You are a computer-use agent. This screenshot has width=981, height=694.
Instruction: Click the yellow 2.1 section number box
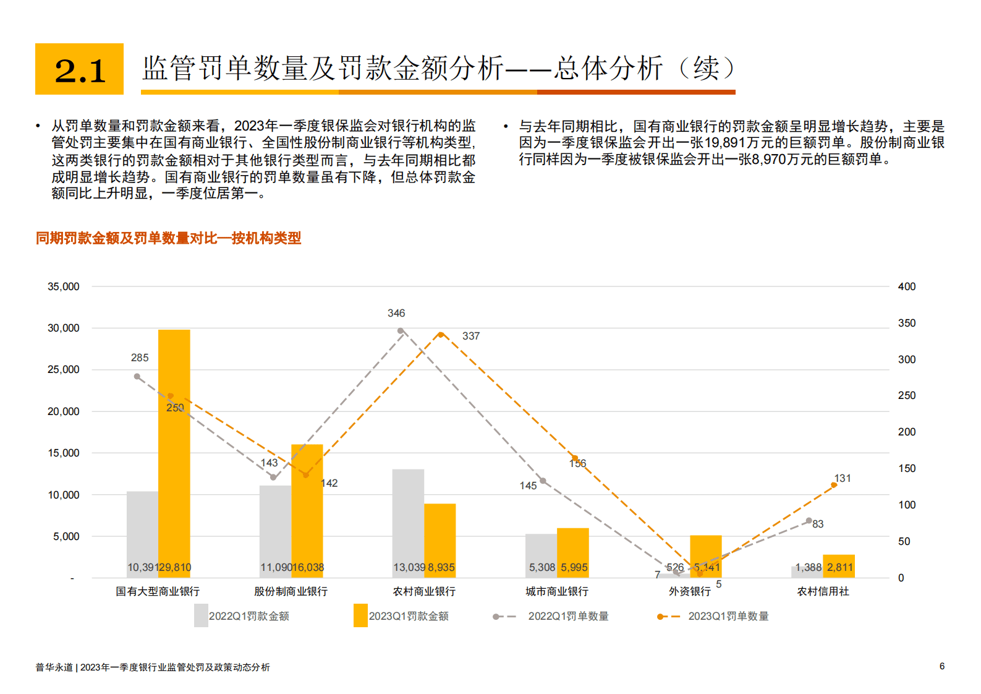click(x=79, y=69)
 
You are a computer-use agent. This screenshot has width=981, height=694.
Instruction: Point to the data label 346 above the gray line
click(x=396, y=313)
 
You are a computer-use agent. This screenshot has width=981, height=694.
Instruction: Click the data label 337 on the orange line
click(x=471, y=336)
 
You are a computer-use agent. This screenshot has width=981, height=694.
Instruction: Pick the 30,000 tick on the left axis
click(x=64, y=328)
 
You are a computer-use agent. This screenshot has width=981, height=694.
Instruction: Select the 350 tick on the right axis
click(x=907, y=323)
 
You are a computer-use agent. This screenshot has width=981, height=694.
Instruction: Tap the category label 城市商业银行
click(x=557, y=591)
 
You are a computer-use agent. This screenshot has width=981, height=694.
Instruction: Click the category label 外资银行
click(x=690, y=591)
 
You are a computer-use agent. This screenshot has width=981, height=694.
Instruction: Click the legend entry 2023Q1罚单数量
click(x=728, y=616)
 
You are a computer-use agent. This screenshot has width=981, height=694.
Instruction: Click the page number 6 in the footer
click(x=942, y=666)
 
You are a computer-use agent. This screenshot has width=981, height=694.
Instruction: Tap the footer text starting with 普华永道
click(x=153, y=667)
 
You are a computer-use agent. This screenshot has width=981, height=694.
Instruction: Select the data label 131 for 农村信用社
click(x=843, y=478)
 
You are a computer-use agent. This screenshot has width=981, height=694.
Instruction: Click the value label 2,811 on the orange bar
click(x=839, y=567)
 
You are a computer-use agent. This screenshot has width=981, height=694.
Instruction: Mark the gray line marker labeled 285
click(x=137, y=376)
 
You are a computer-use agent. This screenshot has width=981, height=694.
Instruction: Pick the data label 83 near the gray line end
click(x=818, y=524)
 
